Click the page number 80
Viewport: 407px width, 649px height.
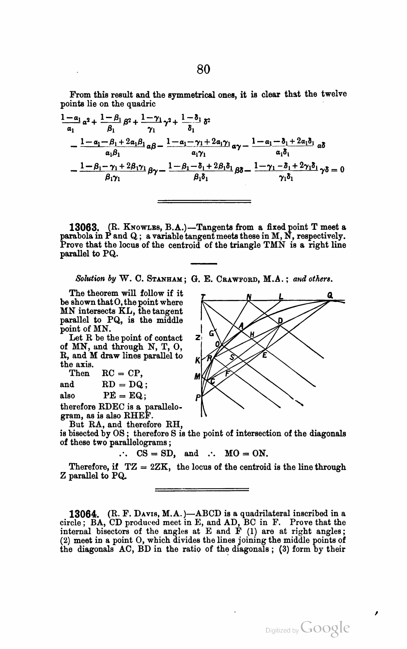point(203,69)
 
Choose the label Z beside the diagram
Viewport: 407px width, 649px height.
point(197,338)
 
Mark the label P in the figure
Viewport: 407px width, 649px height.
point(197,398)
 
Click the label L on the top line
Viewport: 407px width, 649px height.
point(281,296)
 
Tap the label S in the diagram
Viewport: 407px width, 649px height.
point(232,357)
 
